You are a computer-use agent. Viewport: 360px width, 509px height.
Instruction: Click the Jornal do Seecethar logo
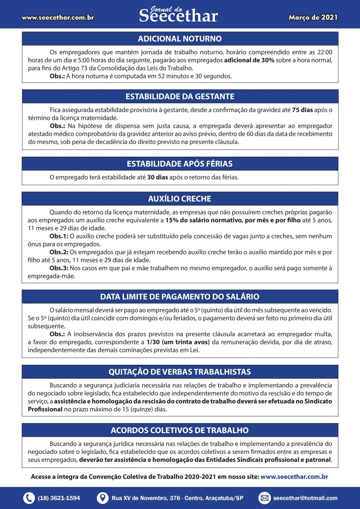178,15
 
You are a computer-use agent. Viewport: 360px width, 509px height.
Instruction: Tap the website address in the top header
58,18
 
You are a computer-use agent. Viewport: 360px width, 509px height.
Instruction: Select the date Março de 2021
313,17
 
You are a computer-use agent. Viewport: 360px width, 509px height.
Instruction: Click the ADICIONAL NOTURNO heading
180,39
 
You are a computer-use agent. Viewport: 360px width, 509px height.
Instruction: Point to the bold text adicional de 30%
250,60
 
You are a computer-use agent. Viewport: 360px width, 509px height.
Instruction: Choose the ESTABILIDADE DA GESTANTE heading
180,96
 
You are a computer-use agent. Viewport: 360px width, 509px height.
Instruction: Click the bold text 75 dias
302,110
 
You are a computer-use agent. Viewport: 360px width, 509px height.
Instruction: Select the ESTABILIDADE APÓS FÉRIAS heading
180,164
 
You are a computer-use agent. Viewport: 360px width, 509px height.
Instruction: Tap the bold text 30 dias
157,177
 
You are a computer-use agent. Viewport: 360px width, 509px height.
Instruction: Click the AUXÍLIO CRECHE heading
180,199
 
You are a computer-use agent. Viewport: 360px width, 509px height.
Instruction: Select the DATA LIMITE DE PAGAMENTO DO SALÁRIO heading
180,296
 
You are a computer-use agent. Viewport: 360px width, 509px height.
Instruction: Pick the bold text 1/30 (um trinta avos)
178,342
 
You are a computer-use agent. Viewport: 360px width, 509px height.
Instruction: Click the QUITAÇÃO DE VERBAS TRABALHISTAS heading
180,372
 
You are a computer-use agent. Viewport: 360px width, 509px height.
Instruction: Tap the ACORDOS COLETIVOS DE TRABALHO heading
180,430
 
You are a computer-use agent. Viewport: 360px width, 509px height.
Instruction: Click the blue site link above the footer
294,477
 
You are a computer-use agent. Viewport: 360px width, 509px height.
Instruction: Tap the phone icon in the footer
29,498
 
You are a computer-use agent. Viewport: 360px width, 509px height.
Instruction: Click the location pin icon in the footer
102,498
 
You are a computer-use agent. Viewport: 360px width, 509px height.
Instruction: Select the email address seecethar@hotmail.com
305,498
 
